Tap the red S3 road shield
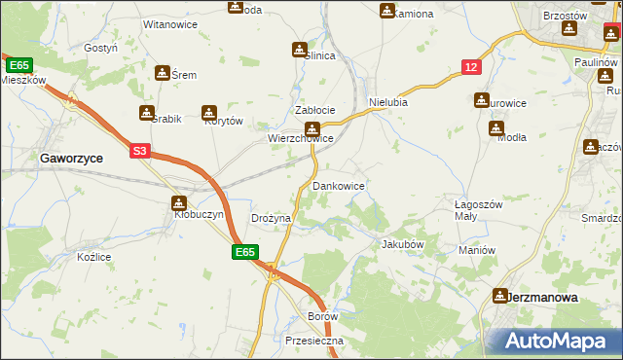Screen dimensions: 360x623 pos(140,151)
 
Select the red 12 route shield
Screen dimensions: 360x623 pos(471,66)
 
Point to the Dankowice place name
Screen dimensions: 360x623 pos(338,185)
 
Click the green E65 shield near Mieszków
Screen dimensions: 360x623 pos(18,65)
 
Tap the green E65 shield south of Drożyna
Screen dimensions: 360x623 pos(245,252)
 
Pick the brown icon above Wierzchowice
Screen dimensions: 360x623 pos(311,128)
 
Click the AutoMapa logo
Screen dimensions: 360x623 pos(558,341)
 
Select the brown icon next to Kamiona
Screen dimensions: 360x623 pos(386,11)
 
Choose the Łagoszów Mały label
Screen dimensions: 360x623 pos(478,211)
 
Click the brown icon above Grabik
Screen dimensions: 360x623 pos(147,113)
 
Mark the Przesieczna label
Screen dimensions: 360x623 pos(309,342)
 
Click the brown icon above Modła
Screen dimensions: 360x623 pos(496,127)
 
